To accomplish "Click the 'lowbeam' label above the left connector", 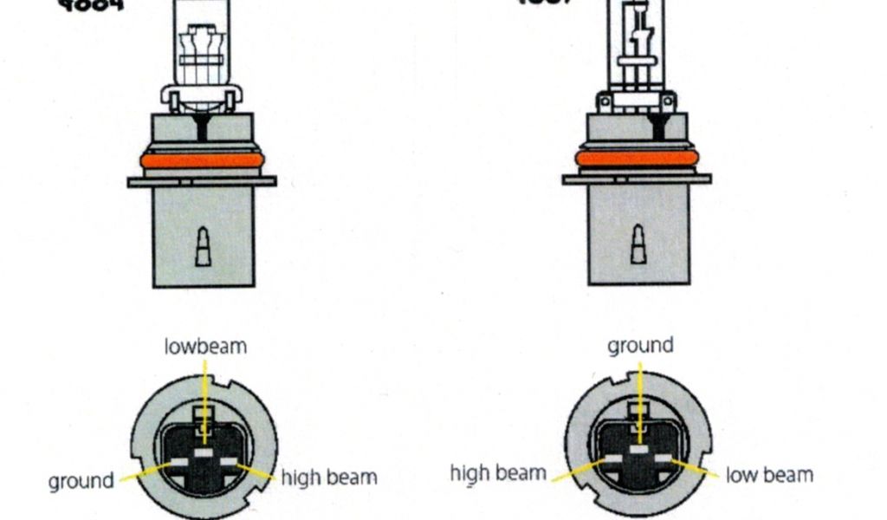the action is (205, 347).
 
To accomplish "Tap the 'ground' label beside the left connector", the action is (81, 481).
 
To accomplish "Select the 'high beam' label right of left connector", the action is (328, 477).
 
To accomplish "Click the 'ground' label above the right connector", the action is (640, 346).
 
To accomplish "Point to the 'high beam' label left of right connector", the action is (498, 473).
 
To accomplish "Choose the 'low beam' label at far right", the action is (769, 475).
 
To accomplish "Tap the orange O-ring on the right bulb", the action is (637, 158).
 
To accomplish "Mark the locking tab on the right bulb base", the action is (638, 244).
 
